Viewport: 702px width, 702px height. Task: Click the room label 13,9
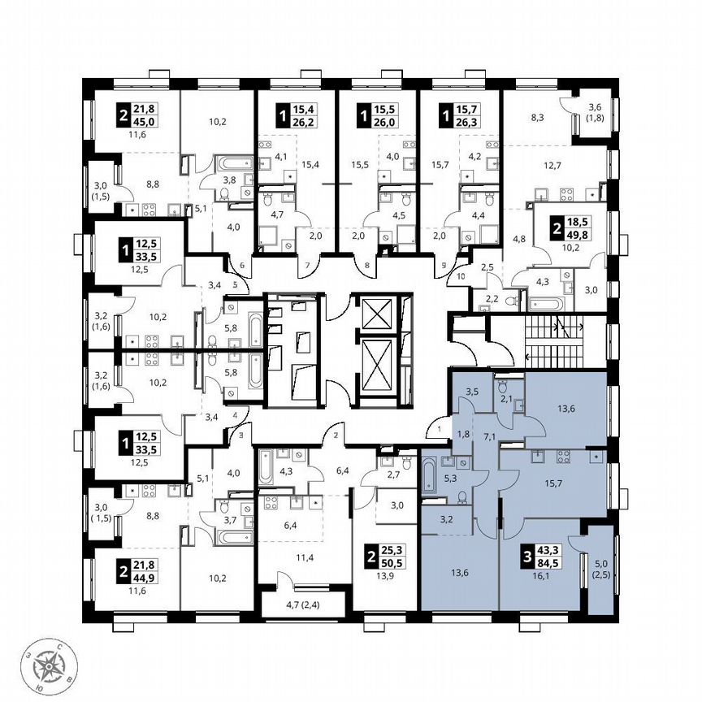point(384,577)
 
